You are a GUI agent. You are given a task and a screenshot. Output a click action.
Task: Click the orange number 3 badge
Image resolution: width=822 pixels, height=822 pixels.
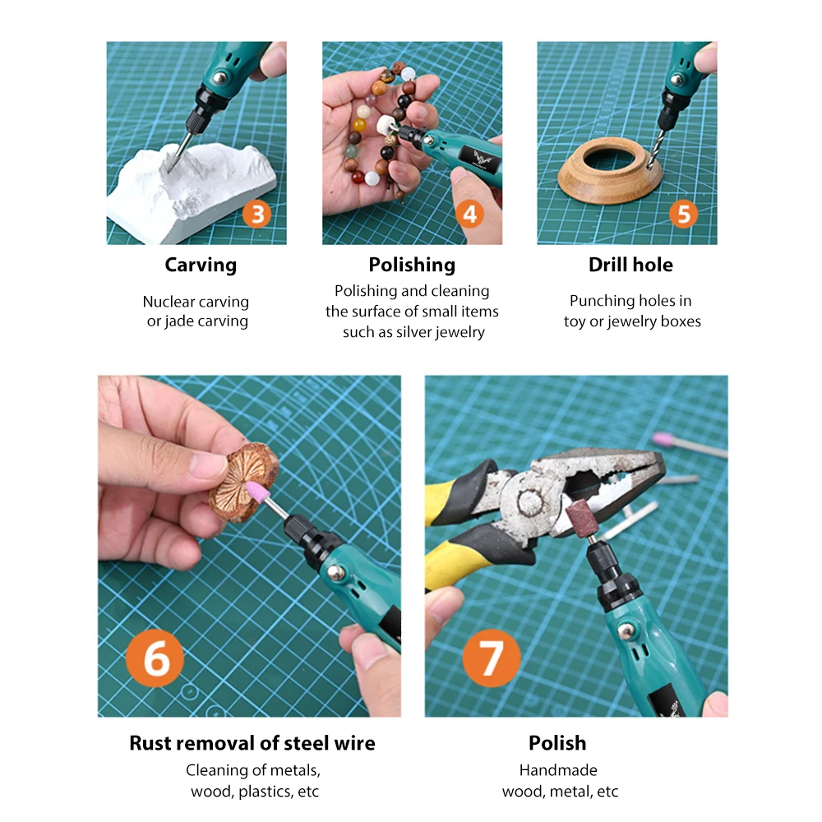[256, 215]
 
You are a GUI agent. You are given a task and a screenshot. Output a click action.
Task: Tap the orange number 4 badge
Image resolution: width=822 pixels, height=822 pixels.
[469, 214]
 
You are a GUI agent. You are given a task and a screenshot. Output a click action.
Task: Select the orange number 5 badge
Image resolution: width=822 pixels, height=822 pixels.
[684, 214]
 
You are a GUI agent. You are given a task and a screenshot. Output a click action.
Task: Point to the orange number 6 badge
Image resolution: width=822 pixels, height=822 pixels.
[155, 658]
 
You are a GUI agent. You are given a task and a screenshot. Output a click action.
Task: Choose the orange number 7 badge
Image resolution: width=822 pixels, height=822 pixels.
[492, 658]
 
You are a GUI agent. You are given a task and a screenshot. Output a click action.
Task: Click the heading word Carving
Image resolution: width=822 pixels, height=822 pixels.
[201, 266]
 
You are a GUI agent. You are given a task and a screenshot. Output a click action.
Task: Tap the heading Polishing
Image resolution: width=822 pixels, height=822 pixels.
[412, 266]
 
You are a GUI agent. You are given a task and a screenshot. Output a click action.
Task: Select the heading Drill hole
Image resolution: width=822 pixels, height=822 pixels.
[630, 265]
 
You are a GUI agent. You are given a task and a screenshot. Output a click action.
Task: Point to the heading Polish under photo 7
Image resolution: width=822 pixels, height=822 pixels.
[557, 743]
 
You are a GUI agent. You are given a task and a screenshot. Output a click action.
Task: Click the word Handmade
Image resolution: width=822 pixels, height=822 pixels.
[558, 769]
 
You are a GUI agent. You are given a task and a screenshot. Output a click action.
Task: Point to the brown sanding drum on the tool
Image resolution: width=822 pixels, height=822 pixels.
[580, 518]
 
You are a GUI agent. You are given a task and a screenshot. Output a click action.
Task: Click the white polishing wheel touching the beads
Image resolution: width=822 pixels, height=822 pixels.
[387, 125]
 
